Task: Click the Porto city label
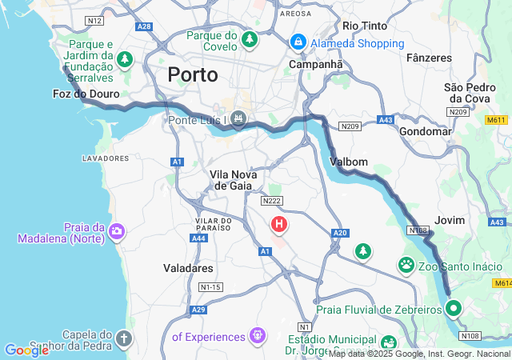tap(193, 75)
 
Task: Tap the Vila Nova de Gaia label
tap(231, 180)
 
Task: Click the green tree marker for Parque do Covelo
tap(250, 38)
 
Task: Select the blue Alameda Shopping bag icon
tap(298, 40)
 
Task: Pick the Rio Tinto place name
tap(365, 26)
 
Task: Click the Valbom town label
tap(349, 162)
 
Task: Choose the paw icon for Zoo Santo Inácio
tap(406, 263)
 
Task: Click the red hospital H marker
tap(278, 225)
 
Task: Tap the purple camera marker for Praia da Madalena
tap(118, 231)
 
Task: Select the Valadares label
tap(187, 268)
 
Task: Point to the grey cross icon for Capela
tap(123, 338)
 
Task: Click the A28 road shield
tap(144, 26)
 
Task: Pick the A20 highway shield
tap(341, 233)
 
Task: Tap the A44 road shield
tap(198, 238)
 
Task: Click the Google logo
tap(26, 350)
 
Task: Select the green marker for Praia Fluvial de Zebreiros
tap(454, 307)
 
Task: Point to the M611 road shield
tap(496, 120)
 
